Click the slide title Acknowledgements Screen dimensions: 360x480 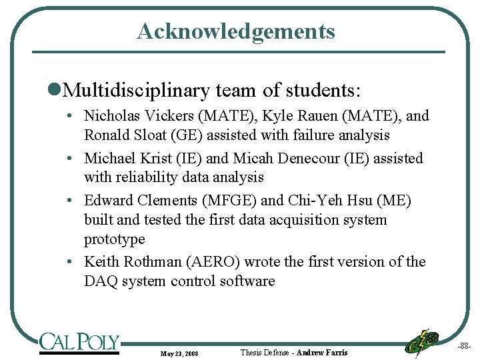tap(236, 31)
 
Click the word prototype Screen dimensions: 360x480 tap(114, 239)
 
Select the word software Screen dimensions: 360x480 tap(244, 281)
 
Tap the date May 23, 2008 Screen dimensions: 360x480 tap(179, 353)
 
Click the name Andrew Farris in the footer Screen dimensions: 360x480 tap(322, 352)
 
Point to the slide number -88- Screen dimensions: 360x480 tap(464, 345)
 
